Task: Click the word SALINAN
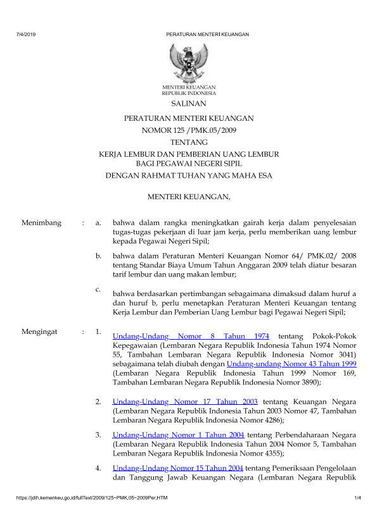tap(189, 103)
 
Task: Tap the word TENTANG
tap(189, 142)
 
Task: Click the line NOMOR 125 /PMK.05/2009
tap(189, 130)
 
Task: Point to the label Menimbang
tap(42, 223)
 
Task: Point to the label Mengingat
tap(41, 331)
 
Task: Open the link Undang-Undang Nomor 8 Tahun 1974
tap(191, 336)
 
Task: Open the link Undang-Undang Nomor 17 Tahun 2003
tap(185, 401)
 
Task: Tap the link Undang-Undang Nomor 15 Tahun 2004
tap(178, 467)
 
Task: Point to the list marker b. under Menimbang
tap(98, 256)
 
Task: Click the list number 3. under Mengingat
tap(98, 435)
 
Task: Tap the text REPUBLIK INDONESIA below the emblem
tap(189, 93)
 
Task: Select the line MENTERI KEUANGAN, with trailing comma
tap(189, 199)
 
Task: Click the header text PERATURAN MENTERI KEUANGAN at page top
tap(207, 34)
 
